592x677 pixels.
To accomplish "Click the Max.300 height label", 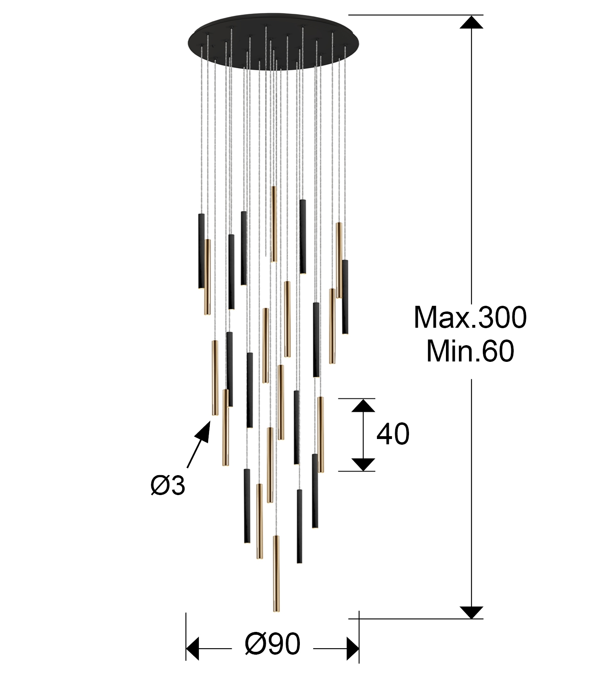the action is [470, 317].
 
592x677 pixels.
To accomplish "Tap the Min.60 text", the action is [470, 351].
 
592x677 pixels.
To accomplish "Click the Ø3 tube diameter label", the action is [168, 485].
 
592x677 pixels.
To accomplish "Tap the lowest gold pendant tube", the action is [276, 573].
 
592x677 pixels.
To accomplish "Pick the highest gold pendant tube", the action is [274, 224].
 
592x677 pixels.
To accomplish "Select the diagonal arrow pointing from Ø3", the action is [198, 444].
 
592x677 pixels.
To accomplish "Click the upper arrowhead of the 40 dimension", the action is [363, 405].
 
